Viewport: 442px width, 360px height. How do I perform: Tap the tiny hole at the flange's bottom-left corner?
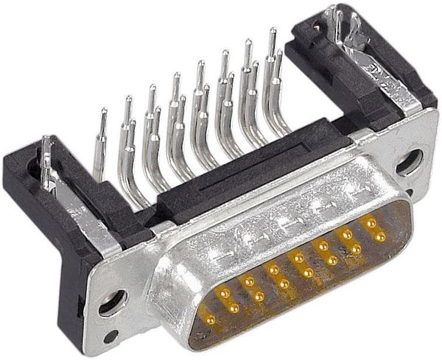click(x=110, y=336)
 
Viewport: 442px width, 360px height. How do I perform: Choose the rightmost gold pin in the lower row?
click(x=381, y=237)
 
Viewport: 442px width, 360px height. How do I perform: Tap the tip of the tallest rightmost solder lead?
click(x=272, y=33)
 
